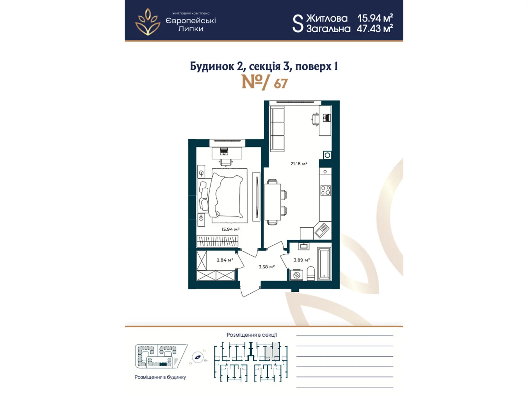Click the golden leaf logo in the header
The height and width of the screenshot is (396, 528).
[148, 22]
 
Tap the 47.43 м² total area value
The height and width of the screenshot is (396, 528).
[374, 29]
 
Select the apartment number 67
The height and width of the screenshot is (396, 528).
[280, 84]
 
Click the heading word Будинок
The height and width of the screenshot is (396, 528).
[212, 66]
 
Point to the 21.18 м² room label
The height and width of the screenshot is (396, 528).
[299, 164]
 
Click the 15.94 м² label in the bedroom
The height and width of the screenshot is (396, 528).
[230, 229]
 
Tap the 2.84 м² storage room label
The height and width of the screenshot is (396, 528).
[225, 260]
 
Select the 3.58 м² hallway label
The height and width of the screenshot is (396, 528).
[266, 267]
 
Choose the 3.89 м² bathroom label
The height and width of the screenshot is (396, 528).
[302, 260]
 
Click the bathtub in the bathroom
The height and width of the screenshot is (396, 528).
[324, 264]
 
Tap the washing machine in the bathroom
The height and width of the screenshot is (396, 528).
[296, 275]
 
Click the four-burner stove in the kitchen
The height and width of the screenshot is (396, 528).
[325, 190]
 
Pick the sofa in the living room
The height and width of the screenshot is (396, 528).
[277, 129]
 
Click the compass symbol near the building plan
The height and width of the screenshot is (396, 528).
[198, 357]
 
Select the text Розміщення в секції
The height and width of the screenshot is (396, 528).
[251, 335]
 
